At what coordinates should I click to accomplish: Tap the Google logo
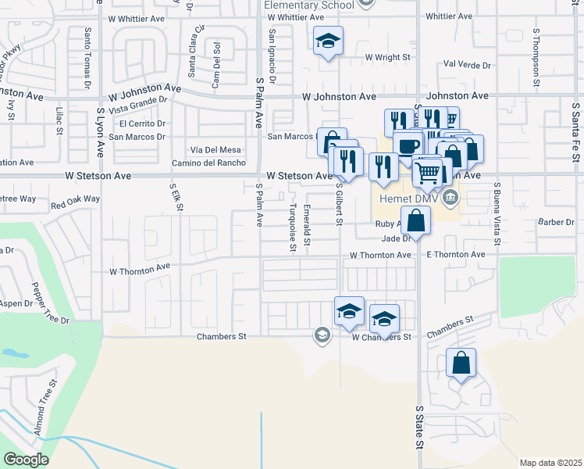coord(26,460)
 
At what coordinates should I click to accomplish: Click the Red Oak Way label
coord(75,200)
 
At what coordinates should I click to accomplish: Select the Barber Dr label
coord(556,223)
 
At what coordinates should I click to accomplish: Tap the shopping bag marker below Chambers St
coord(461,364)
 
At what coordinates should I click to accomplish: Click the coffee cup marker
coord(408,146)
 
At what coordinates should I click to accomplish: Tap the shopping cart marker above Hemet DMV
coord(428,173)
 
